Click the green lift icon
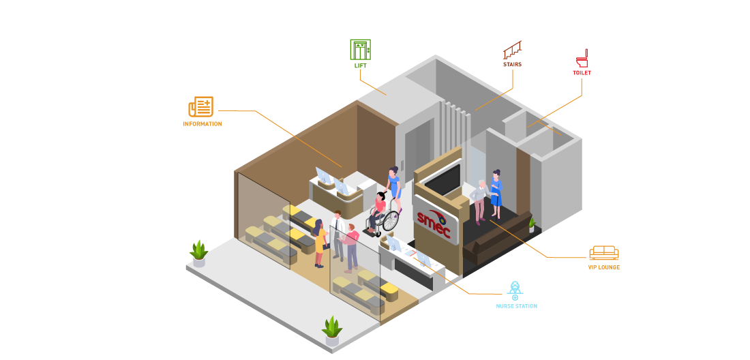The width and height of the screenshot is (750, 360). [x=360, y=49]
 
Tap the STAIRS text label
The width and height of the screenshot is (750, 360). [x=512, y=65]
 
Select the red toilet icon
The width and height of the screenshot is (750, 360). [x=582, y=57]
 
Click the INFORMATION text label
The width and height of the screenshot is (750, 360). [x=202, y=124]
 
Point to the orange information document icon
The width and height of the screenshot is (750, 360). [x=201, y=107]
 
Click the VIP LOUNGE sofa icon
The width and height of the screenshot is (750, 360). [x=603, y=253]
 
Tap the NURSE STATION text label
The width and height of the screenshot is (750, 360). [x=516, y=306]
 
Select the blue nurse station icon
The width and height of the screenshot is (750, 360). [x=515, y=290]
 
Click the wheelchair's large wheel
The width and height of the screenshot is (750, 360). [x=390, y=221]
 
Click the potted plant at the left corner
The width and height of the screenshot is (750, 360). [x=198, y=253]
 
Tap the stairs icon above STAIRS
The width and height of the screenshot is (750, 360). [x=513, y=50]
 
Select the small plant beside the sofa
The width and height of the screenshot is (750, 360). [x=532, y=224]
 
